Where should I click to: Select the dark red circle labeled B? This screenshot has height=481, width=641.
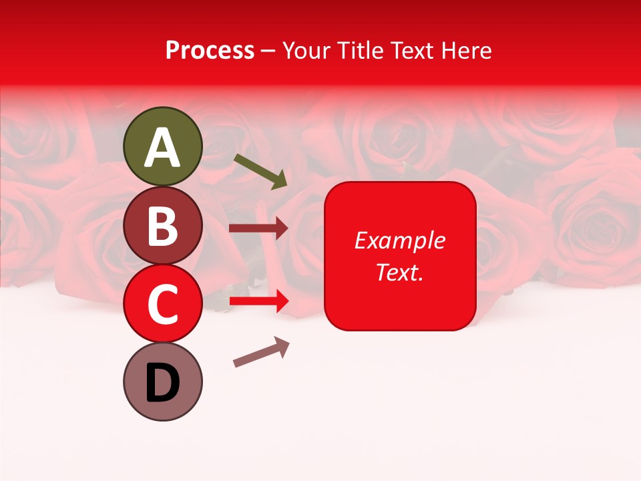(163, 225)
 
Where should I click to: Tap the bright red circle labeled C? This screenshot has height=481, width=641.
(163, 304)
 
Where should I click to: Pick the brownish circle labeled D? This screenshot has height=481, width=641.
(163, 382)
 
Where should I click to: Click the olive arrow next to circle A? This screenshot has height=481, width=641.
(260, 171)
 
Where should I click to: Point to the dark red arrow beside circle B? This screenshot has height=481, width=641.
(258, 228)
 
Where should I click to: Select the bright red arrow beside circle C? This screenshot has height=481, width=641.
(258, 301)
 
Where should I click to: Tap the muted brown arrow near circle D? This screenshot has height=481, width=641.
(261, 351)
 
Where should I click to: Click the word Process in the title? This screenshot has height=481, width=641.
(210, 51)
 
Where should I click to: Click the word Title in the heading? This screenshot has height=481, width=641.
(362, 51)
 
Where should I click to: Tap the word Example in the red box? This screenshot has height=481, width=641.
(400, 240)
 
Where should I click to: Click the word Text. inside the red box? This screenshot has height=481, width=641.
(400, 272)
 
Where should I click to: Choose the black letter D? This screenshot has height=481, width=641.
(163, 383)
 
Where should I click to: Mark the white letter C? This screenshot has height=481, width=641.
(163, 305)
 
